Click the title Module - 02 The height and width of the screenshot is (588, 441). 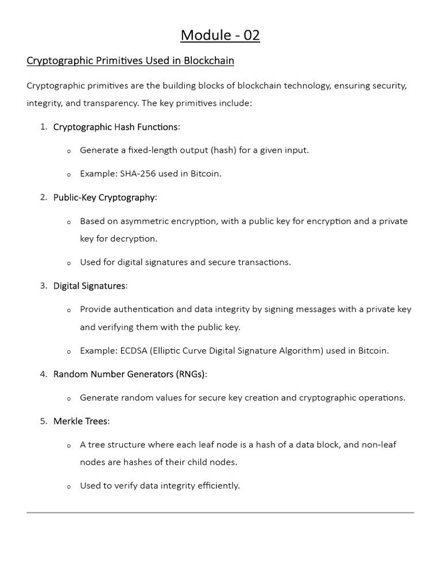[220, 36]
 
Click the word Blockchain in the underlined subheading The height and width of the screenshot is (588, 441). [210, 60]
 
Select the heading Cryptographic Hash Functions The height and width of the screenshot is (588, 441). [115, 127]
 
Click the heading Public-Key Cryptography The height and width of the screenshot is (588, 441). [104, 198]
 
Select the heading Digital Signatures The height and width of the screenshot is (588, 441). [89, 286]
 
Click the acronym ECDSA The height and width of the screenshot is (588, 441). [135, 350]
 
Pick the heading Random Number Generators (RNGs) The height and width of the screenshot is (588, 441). [129, 374]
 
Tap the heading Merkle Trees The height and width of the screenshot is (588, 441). [80, 421]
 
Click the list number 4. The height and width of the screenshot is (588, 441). [43, 374]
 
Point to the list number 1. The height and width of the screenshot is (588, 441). [43, 127]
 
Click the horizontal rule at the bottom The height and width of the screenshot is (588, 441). [220, 512]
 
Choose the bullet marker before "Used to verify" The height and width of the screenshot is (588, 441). [69, 487]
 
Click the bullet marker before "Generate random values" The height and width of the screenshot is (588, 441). [69, 399]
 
